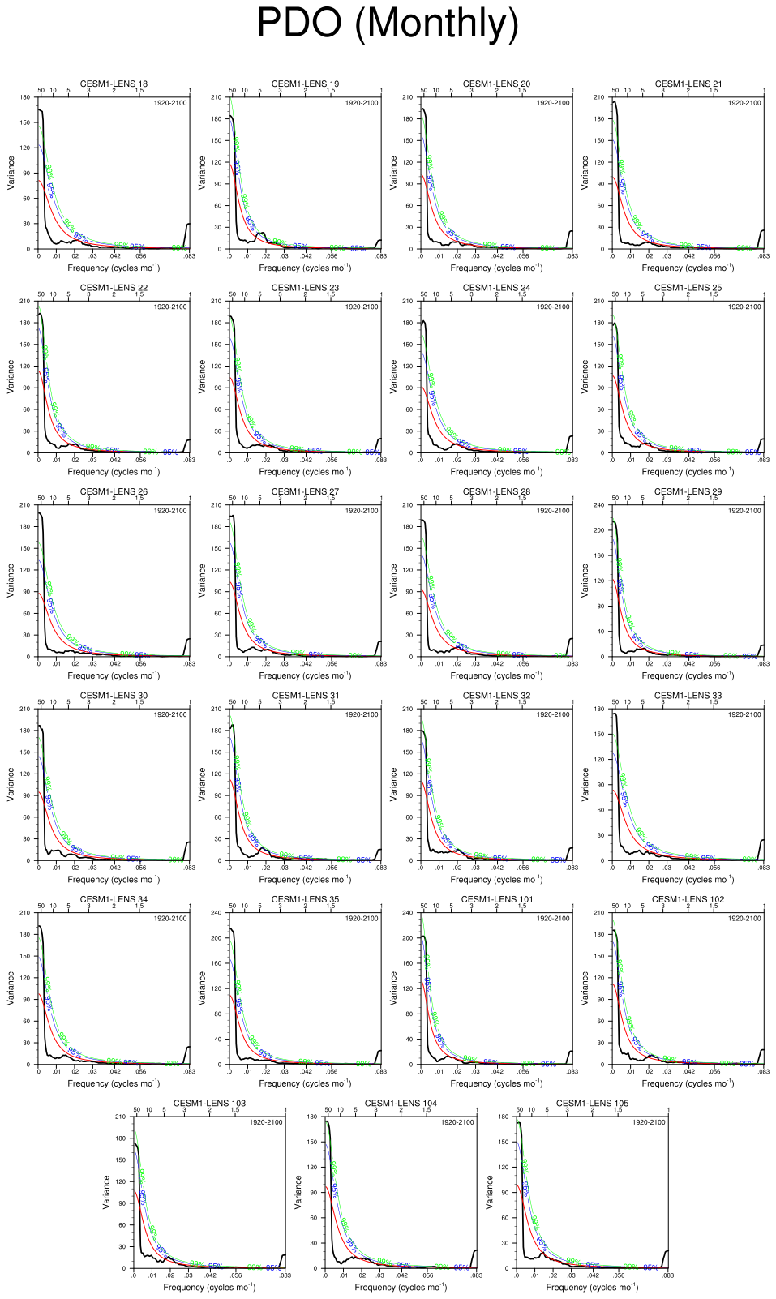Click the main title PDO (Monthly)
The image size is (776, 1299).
(x=388, y=23)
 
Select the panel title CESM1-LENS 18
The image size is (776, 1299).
(x=114, y=84)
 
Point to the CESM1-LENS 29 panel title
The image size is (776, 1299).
(x=688, y=491)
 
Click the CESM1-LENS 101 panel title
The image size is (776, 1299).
(x=496, y=899)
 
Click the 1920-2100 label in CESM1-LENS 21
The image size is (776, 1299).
(x=744, y=103)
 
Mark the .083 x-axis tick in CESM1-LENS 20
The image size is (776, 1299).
(x=572, y=256)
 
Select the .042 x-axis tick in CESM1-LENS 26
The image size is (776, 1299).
(x=114, y=664)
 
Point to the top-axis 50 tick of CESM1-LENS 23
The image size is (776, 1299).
(x=233, y=294)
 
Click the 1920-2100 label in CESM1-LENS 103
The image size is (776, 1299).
(x=266, y=1122)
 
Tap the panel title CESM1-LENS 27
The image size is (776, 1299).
(x=305, y=491)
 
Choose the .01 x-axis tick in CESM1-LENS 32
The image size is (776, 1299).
(x=439, y=868)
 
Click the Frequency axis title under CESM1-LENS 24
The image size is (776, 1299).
(x=496, y=471)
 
